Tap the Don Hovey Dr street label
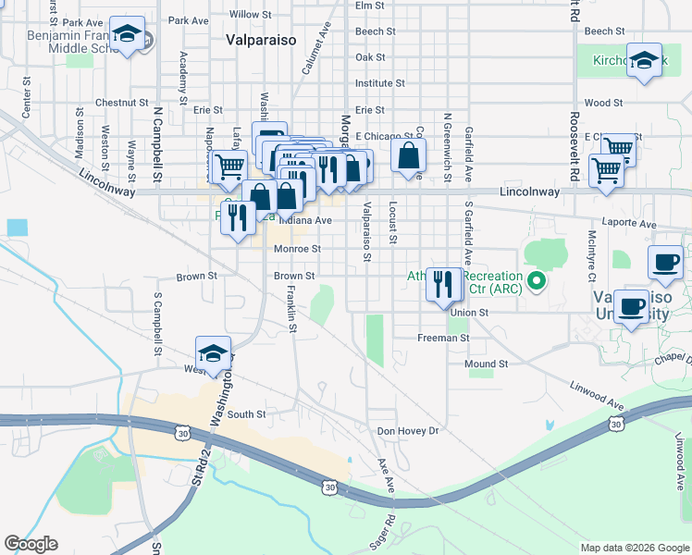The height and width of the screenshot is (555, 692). tap(406, 431)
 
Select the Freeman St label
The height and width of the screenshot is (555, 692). tap(443, 339)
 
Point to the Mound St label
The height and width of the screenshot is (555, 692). tap(487, 364)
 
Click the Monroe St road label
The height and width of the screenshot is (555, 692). tap(297, 249)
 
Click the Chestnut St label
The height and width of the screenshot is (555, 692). tap(121, 103)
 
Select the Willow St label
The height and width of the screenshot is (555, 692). tap(250, 15)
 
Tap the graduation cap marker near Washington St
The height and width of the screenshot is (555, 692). tap(213, 353)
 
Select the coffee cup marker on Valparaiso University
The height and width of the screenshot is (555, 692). tap(632, 306)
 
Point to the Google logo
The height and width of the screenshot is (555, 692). tap(31, 544)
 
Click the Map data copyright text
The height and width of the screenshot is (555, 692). tap(634, 548)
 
